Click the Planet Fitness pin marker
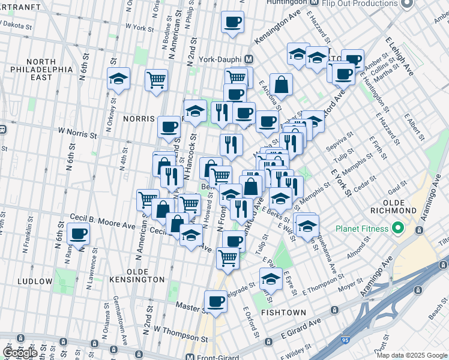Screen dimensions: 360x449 pos(396,228)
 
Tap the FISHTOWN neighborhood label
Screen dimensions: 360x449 pos(283,313)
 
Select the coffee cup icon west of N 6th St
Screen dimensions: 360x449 pos(78,234)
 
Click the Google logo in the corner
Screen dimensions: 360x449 pos(19,352)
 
